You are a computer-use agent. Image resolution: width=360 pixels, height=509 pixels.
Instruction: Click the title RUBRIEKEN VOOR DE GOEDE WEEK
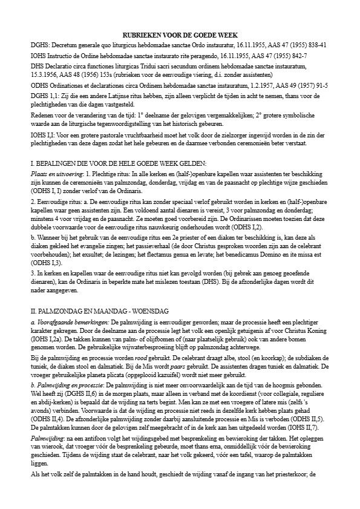180,36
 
